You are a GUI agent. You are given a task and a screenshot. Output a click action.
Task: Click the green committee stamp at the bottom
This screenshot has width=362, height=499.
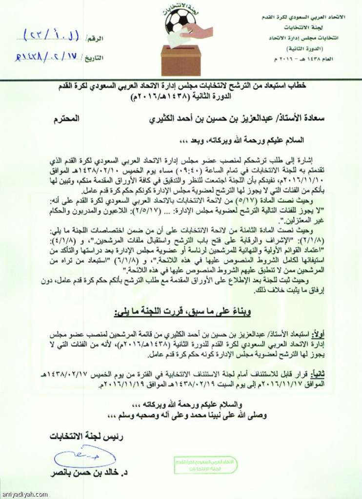205,465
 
